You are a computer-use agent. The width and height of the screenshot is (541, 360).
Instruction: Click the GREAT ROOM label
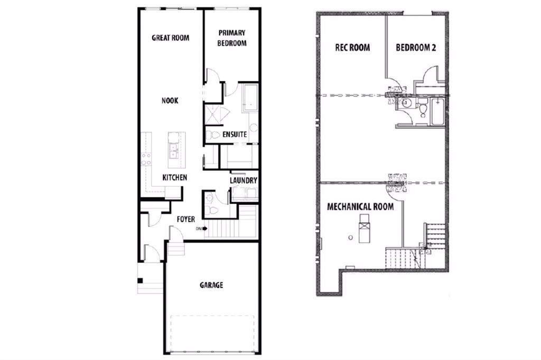click(x=171, y=37)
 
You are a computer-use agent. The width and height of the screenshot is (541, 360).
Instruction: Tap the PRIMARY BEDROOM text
click(x=232, y=38)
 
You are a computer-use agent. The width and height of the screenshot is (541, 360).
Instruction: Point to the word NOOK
click(x=170, y=101)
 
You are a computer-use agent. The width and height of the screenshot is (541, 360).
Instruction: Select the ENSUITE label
click(x=235, y=135)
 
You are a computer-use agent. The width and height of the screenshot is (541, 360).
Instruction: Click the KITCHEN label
click(x=175, y=177)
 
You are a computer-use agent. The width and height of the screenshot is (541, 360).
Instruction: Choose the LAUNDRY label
click(x=244, y=181)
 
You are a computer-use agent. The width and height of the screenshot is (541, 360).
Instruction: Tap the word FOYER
click(x=186, y=219)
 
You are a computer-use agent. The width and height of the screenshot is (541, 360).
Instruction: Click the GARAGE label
click(x=211, y=285)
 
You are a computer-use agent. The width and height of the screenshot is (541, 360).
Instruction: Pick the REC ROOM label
click(x=352, y=47)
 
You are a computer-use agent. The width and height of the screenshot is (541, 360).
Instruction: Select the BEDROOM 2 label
click(x=416, y=47)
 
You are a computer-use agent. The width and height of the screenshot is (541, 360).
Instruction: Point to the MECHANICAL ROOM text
click(x=360, y=206)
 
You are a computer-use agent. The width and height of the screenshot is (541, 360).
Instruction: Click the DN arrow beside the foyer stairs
click(x=204, y=228)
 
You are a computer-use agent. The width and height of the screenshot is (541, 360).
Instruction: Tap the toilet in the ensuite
click(x=212, y=135)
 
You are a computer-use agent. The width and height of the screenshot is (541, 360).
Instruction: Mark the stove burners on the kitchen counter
click(x=146, y=159)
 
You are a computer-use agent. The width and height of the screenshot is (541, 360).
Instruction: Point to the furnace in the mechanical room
click(x=363, y=228)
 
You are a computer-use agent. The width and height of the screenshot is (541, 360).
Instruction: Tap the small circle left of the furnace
click(x=351, y=238)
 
